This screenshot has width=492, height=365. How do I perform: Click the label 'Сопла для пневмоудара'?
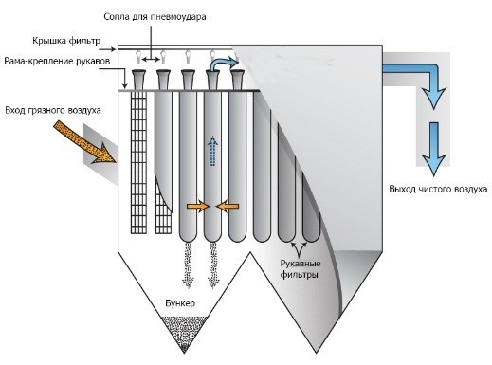coord(155,17)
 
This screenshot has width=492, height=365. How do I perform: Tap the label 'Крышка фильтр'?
coord(66,41)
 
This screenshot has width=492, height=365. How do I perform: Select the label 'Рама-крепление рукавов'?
coord(57,61)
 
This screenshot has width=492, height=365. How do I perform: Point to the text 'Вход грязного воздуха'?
coord(53,110)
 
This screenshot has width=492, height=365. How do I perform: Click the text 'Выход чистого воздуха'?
coord(438,189)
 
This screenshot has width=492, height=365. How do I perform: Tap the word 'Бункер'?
coord(180,303)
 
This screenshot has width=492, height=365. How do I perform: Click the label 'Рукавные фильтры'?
coord(300,269)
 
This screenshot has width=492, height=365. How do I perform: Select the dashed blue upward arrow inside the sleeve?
coord(213,151)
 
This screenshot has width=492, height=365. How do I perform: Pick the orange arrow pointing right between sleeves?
coord(198,207)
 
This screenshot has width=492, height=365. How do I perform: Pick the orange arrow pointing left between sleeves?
coord(228,207)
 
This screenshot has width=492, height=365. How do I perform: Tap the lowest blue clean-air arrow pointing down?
coord(434,149)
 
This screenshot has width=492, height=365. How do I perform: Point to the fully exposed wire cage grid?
coord(139,162)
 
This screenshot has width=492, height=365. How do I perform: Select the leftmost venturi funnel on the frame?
coord(138,80)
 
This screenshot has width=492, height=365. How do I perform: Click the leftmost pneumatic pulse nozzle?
coord(138,57)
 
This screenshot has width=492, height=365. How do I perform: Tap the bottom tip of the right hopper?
coord(317,353)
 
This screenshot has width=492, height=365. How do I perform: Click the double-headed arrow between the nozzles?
coord(151,59)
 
